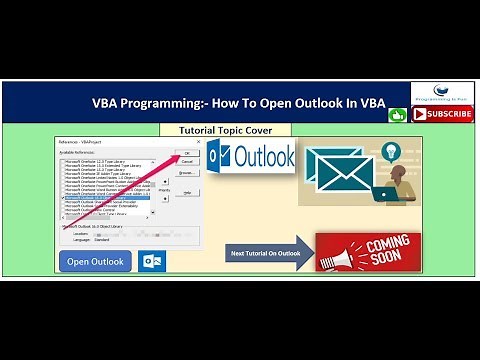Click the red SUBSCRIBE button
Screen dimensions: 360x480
click(443, 114)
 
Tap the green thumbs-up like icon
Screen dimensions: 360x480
click(398, 114)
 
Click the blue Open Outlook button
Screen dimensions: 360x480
click(95, 261)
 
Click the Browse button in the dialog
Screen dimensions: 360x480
click(186, 172)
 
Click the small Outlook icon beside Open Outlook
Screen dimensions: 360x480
click(153, 261)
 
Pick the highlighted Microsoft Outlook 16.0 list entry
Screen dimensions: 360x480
click(106, 198)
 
